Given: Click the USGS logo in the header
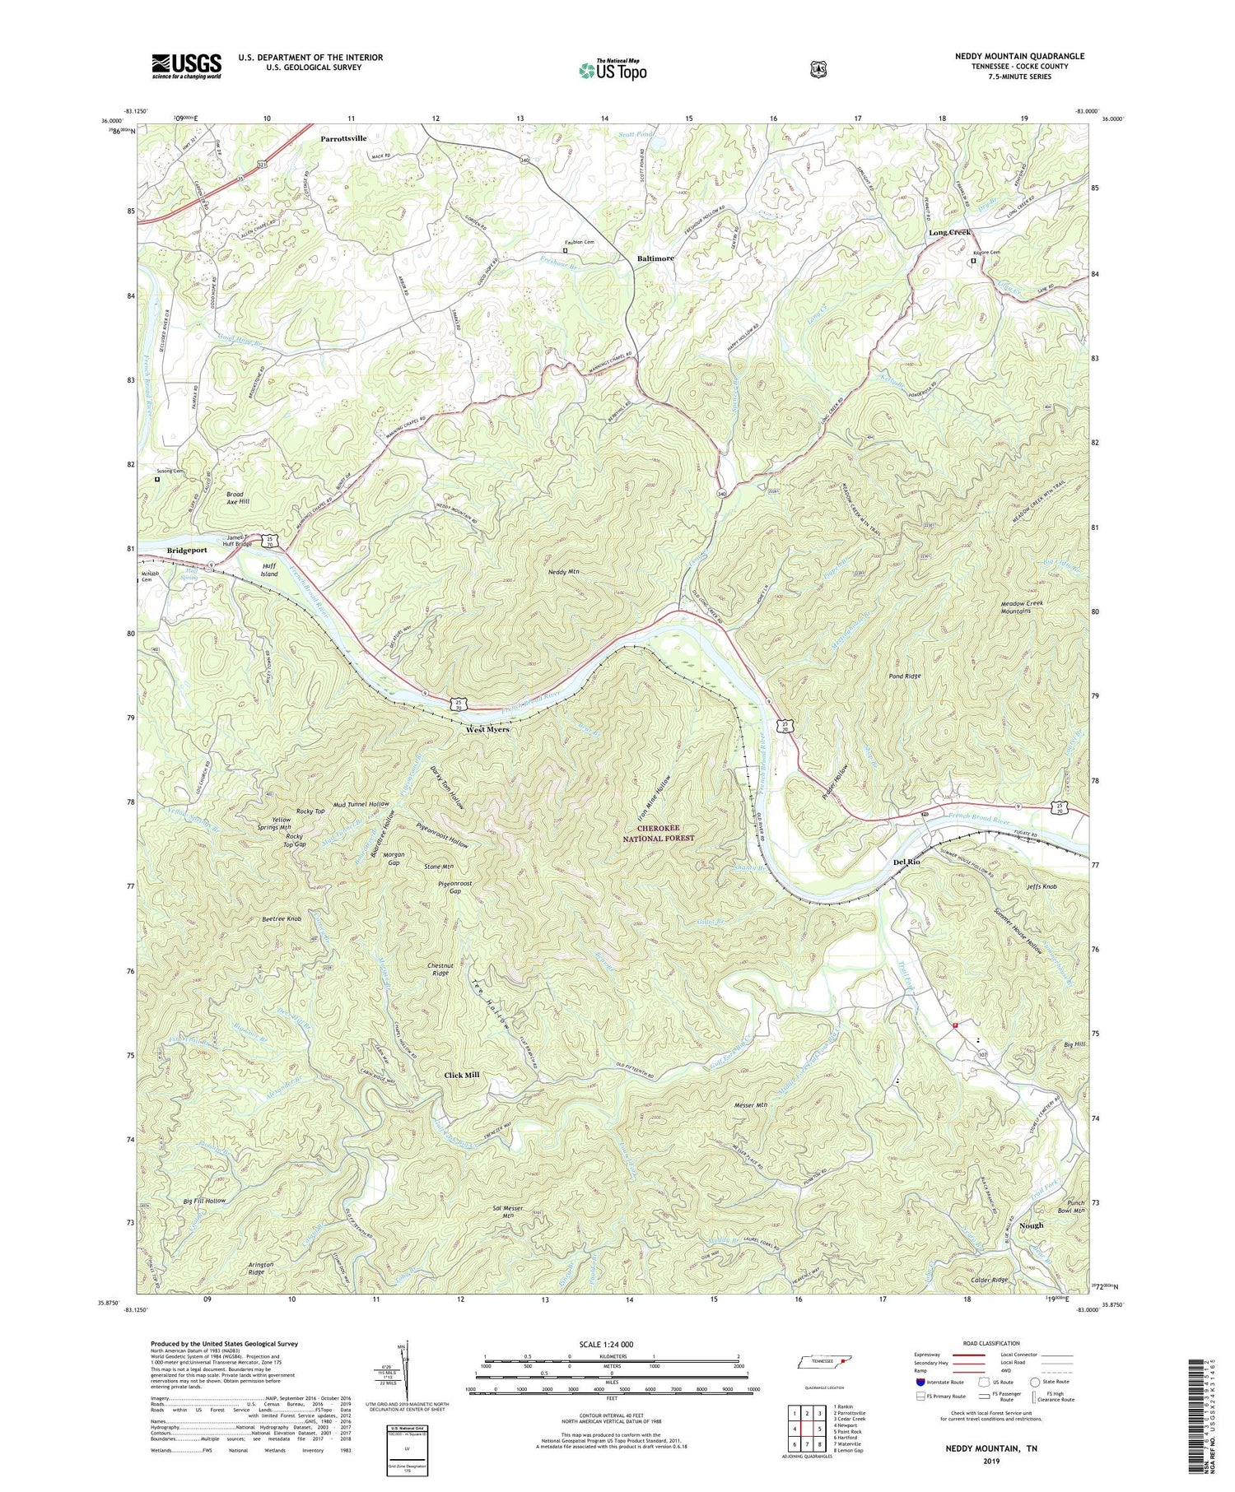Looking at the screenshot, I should tap(186, 66).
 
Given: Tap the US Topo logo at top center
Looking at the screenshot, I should tap(613, 69).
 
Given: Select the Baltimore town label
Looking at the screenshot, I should tap(655, 258).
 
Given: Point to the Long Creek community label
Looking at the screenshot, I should tap(949, 233).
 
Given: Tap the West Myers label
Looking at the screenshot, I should tap(487, 729).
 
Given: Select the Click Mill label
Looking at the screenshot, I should tap(461, 1075).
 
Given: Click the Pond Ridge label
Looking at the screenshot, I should tap(904, 676).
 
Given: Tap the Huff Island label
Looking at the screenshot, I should tap(269, 569).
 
